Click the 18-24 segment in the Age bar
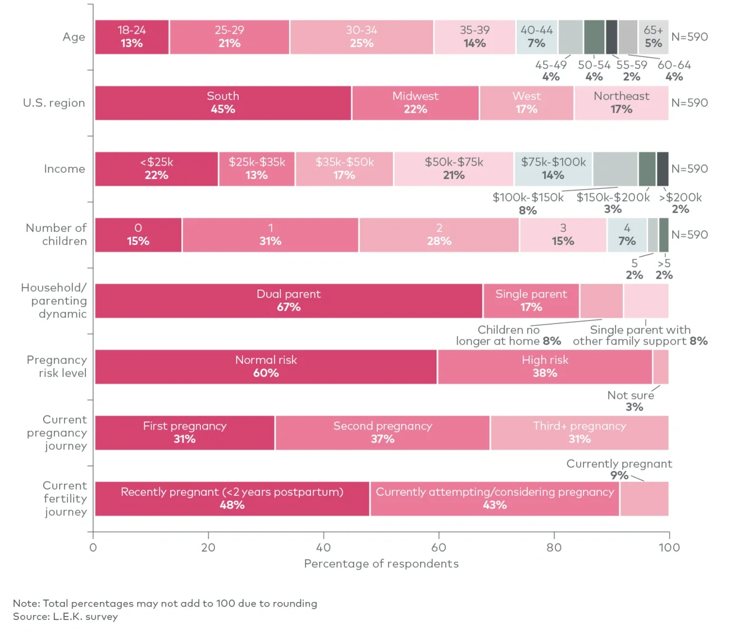(132, 37)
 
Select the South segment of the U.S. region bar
(223, 103)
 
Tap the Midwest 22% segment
(416, 103)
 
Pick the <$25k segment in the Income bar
(157, 169)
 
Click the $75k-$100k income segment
(553, 169)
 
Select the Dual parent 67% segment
(289, 301)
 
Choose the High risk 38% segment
(545, 367)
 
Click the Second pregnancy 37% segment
(382, 433)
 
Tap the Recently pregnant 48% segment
(232, 499)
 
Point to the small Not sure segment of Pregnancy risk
(661, 367)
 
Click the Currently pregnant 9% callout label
(619, 469)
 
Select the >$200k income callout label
(681, 203)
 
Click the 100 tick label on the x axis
(669, 547)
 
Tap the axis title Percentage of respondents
(381, 564)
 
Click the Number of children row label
(56, 235)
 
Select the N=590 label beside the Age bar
(690, 37)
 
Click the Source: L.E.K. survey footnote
(66, 617)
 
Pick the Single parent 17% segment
(531, 301)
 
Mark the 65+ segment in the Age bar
(654, 37)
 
